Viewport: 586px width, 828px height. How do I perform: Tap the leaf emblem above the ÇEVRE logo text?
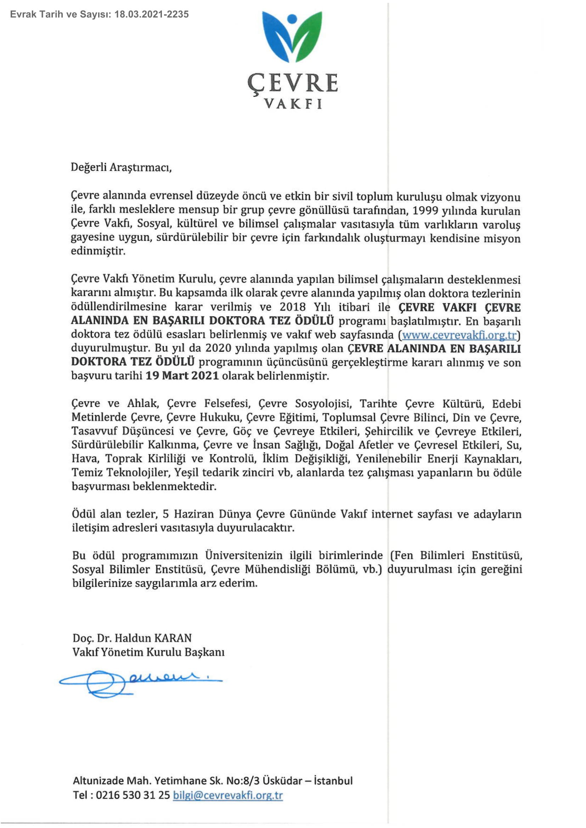pyautogui.click(x=292, y=36)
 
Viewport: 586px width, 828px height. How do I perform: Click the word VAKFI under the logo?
pyautogui.click(x=293, y=104)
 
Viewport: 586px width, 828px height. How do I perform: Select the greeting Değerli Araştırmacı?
pyautogui.click(x=121, y=168)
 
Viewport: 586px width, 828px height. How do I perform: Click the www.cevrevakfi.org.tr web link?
pyautogui.click(x=459, y=335)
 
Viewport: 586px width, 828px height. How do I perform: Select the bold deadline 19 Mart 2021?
pyautogui.click(x=182, y=376)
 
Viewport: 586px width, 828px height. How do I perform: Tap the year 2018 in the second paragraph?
pyautogui.click(x=293, y=307)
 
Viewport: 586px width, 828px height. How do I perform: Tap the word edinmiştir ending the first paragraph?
pyautogui.click(x=98, y=251)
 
